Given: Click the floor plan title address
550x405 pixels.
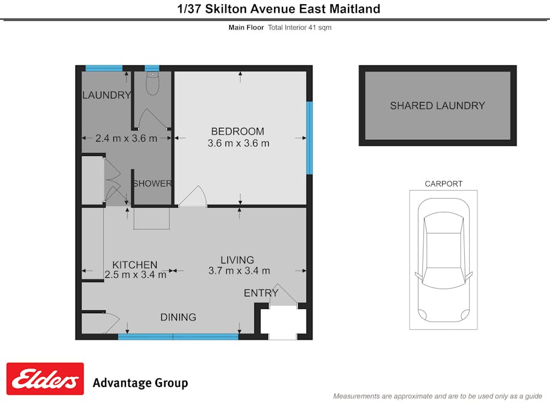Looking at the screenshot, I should click(x=279, y=8).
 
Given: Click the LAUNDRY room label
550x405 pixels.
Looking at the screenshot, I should click(x=106, y=95).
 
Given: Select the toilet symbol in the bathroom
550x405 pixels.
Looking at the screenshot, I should click(x=152, y=84).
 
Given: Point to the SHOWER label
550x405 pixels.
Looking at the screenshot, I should click(x=152, y=184).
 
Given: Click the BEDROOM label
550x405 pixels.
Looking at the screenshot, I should click(x=238, y=131).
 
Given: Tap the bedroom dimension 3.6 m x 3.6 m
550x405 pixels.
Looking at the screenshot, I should click(x=238, y=143).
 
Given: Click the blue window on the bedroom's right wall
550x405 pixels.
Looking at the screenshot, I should click(x=309, y=137).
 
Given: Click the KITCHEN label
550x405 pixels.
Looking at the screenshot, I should click(x=135, y=265).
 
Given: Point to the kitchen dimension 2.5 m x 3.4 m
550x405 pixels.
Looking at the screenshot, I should click(x=136, y=275).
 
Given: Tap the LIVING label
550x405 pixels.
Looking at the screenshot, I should click(x=237, y=260).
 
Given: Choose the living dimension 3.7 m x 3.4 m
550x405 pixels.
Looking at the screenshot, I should click(x=239, y=271).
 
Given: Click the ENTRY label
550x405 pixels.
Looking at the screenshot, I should click(x=261, y=293).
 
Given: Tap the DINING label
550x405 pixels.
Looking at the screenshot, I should click(x=178, y=317).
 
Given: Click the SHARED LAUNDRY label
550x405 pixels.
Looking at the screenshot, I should click(x=437, y=106).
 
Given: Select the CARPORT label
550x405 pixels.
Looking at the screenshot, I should click(x=443, y=184).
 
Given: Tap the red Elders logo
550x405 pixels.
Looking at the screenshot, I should click(x=45, y=379).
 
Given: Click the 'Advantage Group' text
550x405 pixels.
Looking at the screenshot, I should click(x=140, y=383).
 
